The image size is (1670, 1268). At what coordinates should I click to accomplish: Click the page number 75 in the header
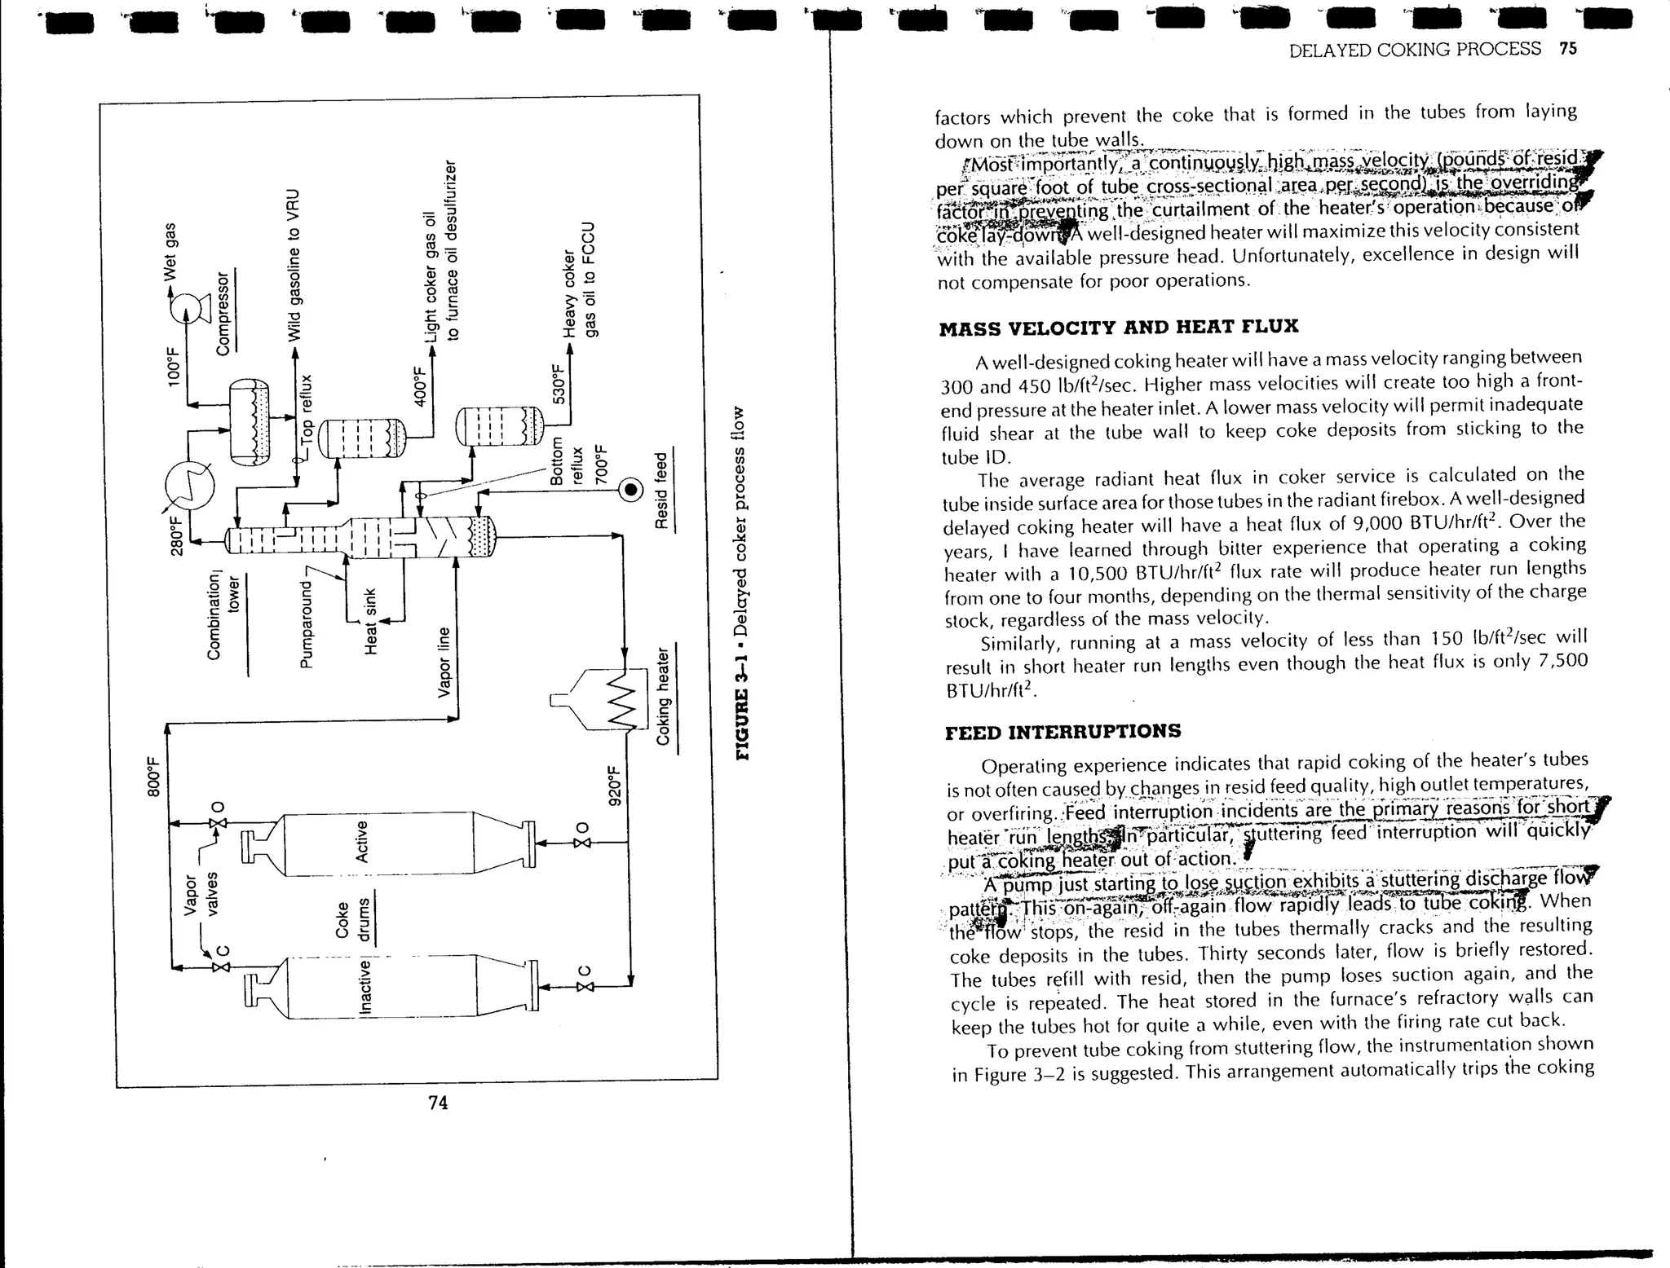click(1568, 49)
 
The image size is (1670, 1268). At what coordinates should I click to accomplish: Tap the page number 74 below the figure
click(438, 1103)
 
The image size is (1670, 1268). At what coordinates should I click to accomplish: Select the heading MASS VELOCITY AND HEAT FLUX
click(1118, 328)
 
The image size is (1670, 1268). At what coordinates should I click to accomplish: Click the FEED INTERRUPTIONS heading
click(1063, 731)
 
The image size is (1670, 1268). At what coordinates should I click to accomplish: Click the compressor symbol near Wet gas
click(187, 307)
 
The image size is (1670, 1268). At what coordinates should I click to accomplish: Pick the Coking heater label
click(664, 696)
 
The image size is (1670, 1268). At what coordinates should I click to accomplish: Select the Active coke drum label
click(362, 842)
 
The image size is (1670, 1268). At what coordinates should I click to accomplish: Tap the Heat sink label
click(371, 619)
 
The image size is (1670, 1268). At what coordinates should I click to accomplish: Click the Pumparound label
click(307, 623)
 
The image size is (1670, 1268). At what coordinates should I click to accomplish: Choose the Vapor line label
click(444, 662)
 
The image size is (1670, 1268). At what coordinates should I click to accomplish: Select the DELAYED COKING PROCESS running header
click(1415, 50)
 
